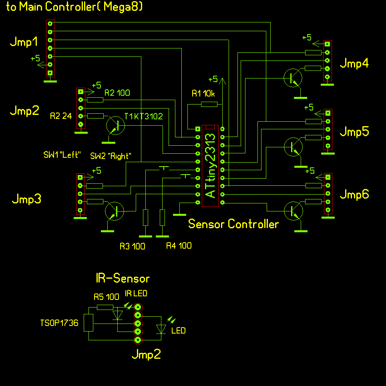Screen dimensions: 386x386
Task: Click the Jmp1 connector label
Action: click(24, 42)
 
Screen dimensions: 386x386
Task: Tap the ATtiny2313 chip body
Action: click(210, 166)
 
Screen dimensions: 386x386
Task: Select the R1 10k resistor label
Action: click(203, 94)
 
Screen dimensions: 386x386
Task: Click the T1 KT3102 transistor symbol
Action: click(116, 125)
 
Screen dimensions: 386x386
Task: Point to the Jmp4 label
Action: click(354, 63)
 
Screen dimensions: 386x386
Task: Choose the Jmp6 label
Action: click(354, 195)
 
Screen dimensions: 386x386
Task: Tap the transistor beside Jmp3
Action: click(115, 211)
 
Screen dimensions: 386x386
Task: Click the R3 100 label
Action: click(132, 246)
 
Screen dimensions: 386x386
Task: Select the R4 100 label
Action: click(179, 246)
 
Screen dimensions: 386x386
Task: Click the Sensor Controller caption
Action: click(233, 224)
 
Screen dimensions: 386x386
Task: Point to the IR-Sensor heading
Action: click(123, 278)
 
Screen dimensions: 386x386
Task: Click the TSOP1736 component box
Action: click(88, 323)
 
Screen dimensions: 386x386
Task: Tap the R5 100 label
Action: click(106, 297)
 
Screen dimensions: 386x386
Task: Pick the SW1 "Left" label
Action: click(62, 155)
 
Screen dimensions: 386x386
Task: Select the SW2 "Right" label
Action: click(111, 156)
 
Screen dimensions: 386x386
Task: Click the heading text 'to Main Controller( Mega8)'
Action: click(74, 7)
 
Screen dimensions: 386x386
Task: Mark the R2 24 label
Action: click(61, 117)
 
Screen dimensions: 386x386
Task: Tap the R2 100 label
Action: click(117, 93)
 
